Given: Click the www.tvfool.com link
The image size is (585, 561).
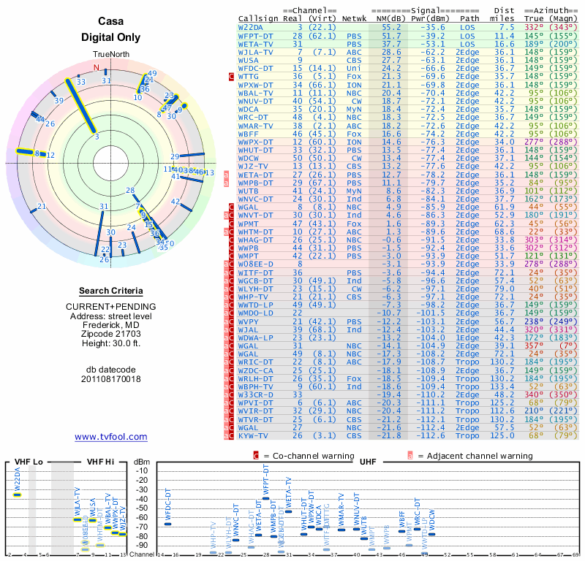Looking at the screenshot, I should click(111, 437).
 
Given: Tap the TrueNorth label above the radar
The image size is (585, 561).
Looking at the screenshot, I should click(111, 56).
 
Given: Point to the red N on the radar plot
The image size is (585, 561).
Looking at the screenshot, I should click(97, 68).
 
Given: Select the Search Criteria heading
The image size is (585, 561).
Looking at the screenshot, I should click(111, 290).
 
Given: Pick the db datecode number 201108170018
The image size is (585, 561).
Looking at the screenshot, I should click(111, 378).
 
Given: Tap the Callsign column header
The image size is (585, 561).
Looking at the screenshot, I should click(259, 19).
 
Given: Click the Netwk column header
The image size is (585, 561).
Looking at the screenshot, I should click(355, 19).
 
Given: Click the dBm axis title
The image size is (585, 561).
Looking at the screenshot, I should click(141, 462).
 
